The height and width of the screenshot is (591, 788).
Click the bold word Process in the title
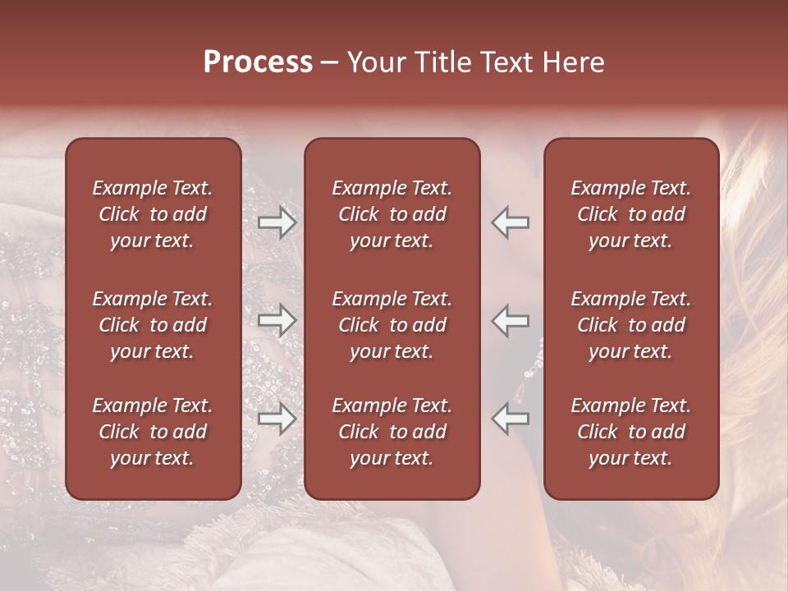pyautogui.click(x=258, y=62)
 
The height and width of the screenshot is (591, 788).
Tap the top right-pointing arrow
pyautogui.click(x=277, y=222)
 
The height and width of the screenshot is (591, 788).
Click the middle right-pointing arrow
pyautogui.click(x=277, y=321)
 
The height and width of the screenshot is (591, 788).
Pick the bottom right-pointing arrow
pyautogui.click(x=277, y=419)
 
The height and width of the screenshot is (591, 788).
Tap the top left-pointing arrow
pyautogui.click(x=511, y=222)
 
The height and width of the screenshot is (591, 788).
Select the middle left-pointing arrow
pyautogui.click(x=511, y=321)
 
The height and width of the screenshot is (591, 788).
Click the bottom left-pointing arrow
pyautogui.click(x=511, y=419)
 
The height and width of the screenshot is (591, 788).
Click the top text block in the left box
pyautogui.click(x=153, y=214)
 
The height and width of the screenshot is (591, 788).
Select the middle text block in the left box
pyautogui.click(x=153, y=325)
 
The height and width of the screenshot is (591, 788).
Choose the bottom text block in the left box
pyautogui.click(x=153, y=432)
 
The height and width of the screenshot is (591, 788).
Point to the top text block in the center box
pyautogui.click(x=392, y=214)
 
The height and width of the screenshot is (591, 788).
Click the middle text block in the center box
pyautogui.click(x=392, y=325)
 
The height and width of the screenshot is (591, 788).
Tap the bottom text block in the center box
pyautogui.click(x=392, y=432)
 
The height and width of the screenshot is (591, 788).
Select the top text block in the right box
pyautogui.click(x=630, y=214)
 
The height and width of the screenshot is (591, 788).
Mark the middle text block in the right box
pyautogui.click(x=630, y=325)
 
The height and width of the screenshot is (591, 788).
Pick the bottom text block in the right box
pyautogui.click(x=630, y=432)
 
